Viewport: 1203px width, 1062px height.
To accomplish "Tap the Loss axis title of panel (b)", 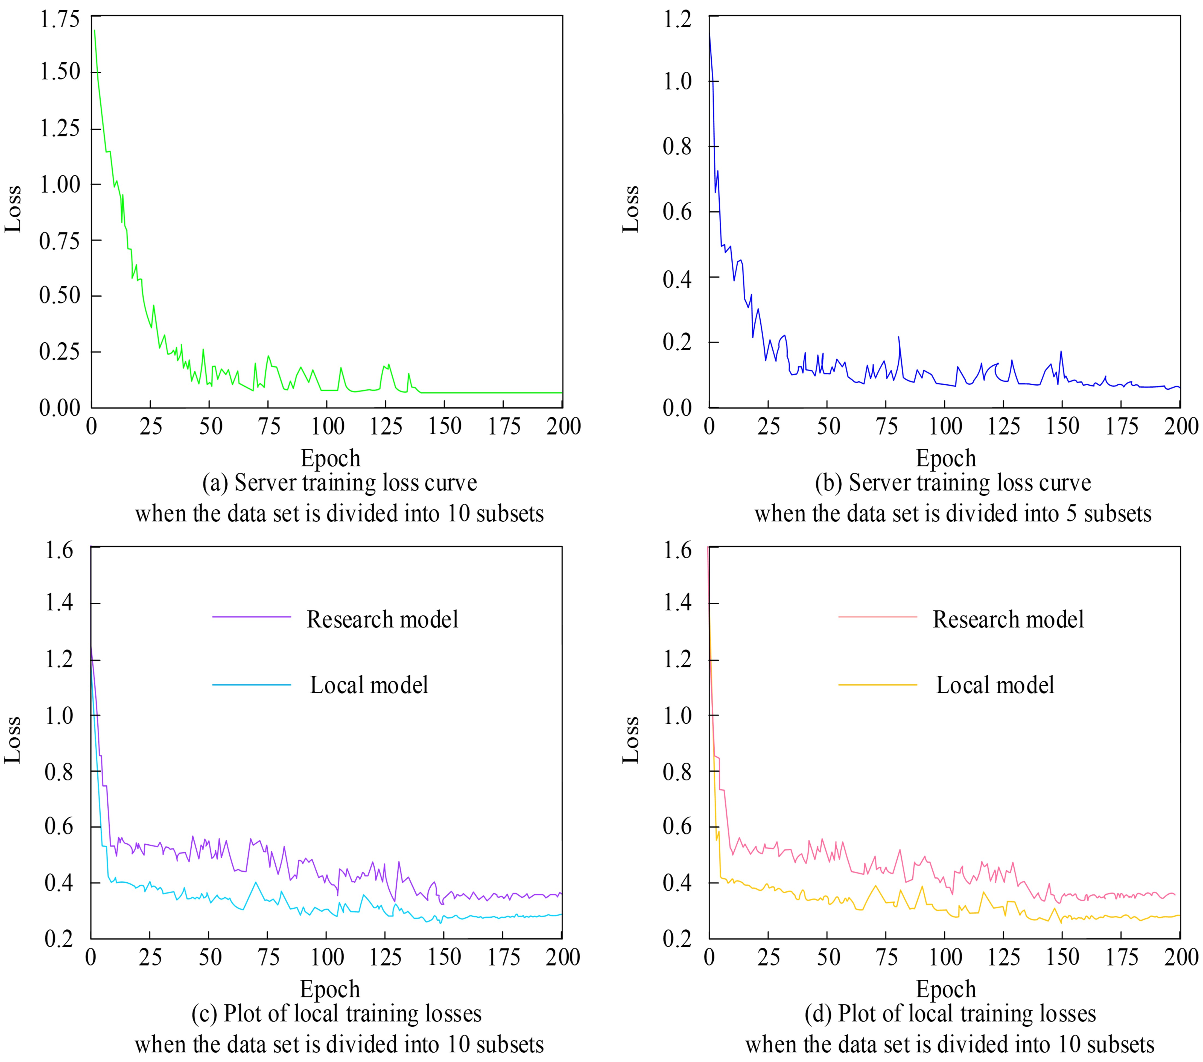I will tap(630, 209).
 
